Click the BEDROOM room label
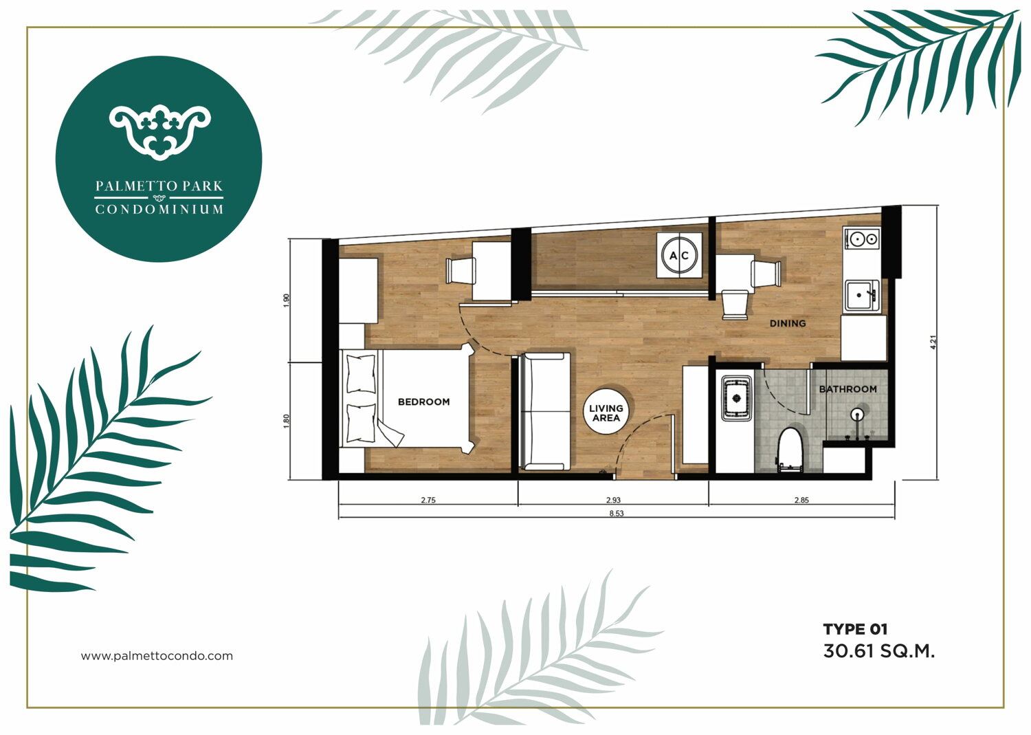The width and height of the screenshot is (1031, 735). [423, 402]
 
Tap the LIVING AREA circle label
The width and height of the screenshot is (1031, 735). [606, 412]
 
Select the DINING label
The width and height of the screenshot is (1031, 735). [788, 323]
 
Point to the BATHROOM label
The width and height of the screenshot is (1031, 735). [847, 389]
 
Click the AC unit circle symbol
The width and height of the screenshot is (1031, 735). [679, 255]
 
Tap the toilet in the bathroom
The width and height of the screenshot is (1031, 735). [790, 450]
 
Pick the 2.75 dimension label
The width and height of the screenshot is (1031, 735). [428, 500]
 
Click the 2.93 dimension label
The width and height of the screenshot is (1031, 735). [613, 500]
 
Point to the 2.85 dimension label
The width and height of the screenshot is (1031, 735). [801, 500]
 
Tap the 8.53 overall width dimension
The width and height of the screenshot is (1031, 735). [617, 513]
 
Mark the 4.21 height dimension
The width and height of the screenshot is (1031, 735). [933, 342]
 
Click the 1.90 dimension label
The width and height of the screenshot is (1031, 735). [287, 300]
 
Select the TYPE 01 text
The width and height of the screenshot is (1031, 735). [855, 629]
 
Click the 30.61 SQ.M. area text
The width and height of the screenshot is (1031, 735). [878, 651]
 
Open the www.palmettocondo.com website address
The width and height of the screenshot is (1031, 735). [157, 656]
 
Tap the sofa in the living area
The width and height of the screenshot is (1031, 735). [544, 411]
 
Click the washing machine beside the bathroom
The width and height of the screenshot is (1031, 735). [736, 398]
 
